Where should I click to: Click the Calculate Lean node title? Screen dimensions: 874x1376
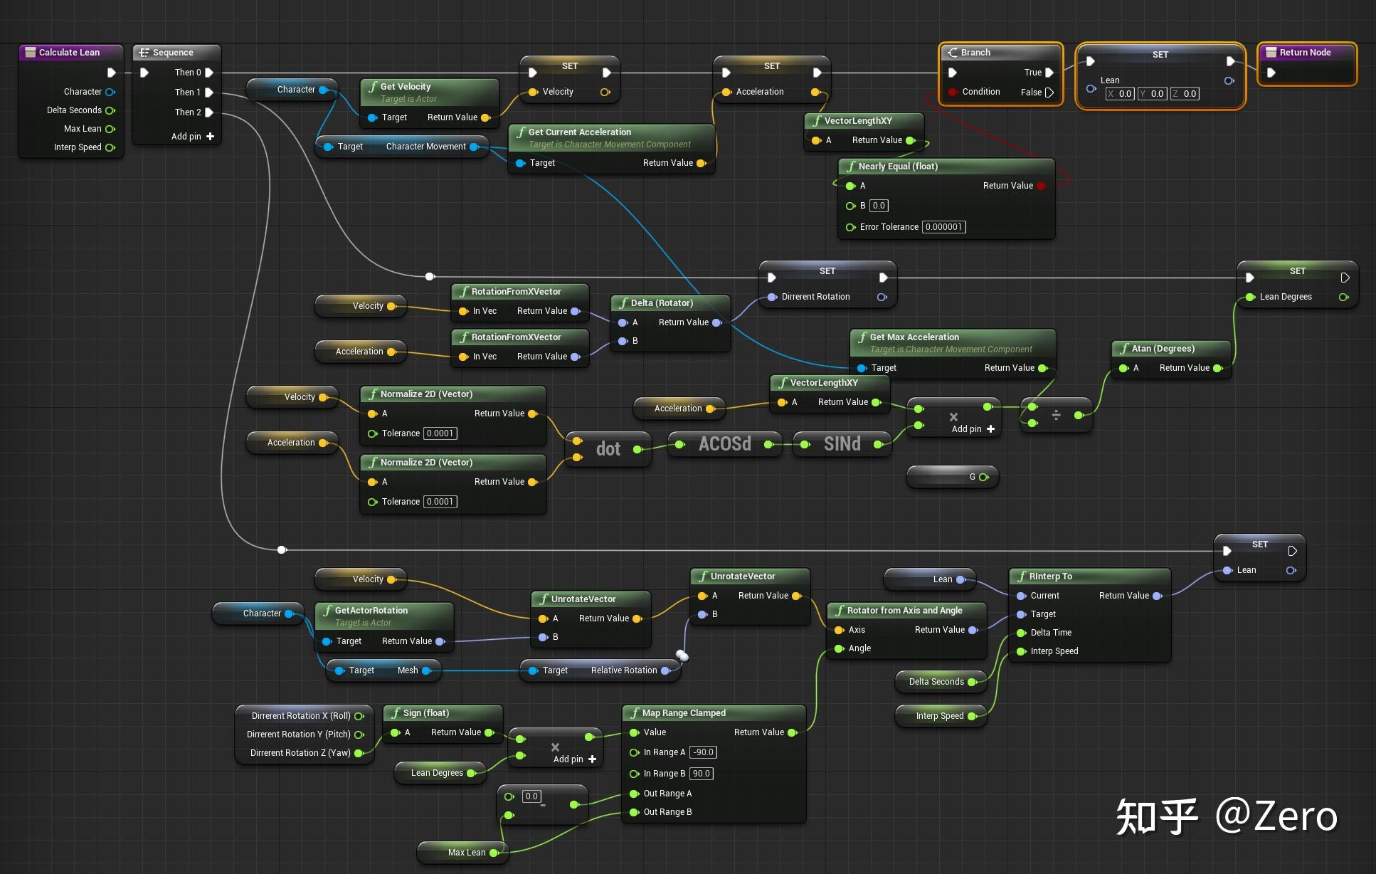coord(69,53)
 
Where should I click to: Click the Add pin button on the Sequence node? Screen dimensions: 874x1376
coord(210,137)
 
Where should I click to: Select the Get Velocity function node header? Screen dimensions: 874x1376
coord(406,87)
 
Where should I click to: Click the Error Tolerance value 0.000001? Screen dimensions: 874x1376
coord(943,227)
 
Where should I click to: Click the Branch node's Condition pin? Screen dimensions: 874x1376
coord(953,93)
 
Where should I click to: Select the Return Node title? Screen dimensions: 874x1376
coord(1305,53)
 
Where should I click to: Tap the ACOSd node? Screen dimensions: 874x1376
coord(724,444)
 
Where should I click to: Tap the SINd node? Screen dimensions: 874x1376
coord(842,444)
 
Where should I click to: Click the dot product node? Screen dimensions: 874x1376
coord(608,449)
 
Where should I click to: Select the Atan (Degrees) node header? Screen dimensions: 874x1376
coord(1163,349)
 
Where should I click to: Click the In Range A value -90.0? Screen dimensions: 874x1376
coord(703,752)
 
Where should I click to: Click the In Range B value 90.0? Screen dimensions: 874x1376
coord(701,774)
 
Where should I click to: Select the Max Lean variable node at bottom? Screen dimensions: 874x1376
coord(466,853)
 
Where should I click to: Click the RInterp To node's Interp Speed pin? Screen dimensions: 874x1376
coord(1022,651)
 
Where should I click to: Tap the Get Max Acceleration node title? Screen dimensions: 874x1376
coord(914,337)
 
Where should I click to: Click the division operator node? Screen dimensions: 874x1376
coord(1056,415)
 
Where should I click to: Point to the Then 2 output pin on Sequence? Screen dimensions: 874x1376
coord(209,112)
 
